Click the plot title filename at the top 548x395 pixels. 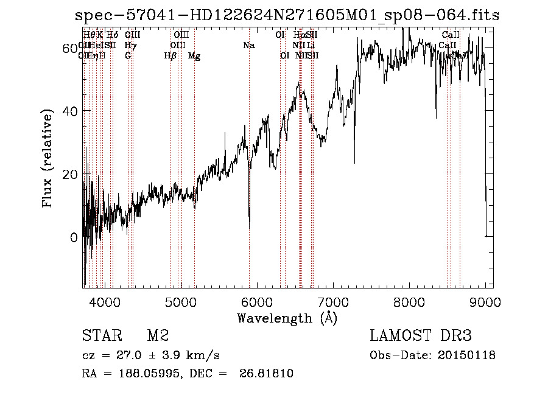[286, 15]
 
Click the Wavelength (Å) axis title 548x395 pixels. [287, 318]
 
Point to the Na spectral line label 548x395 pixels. [248, 46]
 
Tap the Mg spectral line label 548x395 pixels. [194, 56]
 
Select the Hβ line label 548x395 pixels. [170, 56]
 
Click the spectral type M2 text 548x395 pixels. [158, 336]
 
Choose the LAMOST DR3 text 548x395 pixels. [420, 336]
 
